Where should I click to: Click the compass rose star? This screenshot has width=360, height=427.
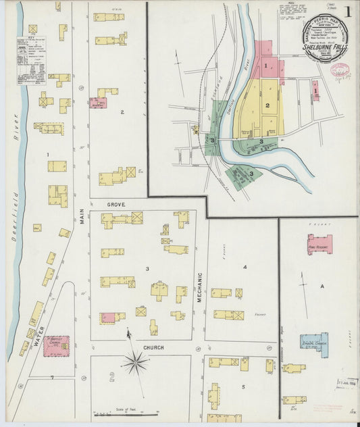coord(135,363)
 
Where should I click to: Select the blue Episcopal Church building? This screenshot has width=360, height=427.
coord(315,344)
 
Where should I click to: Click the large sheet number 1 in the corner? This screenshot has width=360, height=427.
coord(347,11)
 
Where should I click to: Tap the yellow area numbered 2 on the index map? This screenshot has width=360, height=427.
coord(267,107)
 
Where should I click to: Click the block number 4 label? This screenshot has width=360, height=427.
coord(245,268)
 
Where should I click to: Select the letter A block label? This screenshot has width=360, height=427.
coord(322,287)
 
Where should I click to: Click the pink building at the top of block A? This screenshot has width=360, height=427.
coord(319,244)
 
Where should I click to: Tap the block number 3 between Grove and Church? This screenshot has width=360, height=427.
coord(147,269)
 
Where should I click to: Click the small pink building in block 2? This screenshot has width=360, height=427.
coord(97,103)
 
